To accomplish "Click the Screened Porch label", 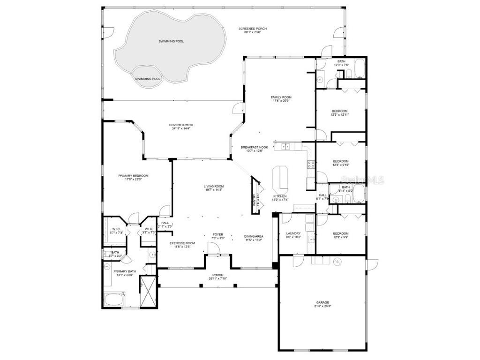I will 255,30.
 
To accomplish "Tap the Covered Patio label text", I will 181,127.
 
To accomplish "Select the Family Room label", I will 281,99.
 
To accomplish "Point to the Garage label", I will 322,304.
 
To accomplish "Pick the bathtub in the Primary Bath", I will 114,299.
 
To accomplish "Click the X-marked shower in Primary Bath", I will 150,291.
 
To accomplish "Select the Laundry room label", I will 293,235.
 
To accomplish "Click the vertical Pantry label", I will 255,200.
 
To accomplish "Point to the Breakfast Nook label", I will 255,149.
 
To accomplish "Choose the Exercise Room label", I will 182,245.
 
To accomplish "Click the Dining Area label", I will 254,238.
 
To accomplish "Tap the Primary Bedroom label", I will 133,177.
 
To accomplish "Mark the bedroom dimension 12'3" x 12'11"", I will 340,114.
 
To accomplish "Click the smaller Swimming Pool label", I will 148,79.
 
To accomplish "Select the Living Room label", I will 213,187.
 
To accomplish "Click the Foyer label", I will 218,236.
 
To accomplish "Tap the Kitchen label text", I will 280,198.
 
